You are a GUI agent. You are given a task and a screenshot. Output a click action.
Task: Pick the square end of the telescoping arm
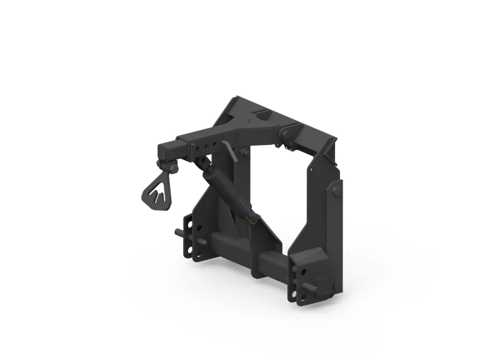167,151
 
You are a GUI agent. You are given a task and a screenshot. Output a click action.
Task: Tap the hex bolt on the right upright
336,189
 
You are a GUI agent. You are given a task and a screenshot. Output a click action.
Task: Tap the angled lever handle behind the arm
230,150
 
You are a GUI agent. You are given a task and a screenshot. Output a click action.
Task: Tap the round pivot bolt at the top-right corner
285,132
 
